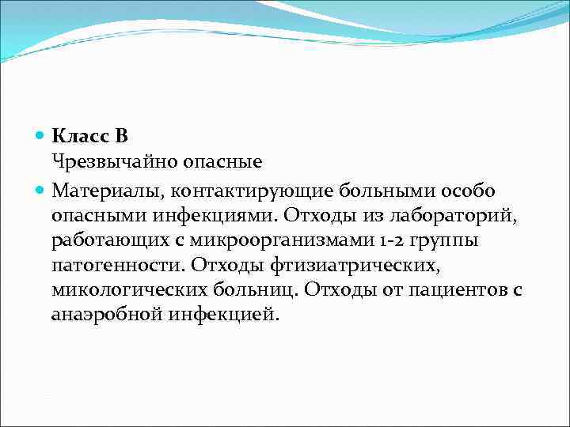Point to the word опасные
[222, 163]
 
